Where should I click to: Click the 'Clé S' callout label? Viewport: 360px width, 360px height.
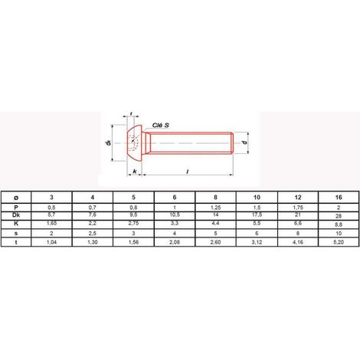click(x=161, y=125)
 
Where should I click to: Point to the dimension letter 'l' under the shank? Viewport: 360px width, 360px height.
click(x=188, y=172)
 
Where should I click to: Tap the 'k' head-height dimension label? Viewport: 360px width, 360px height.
click(x=135, y=172)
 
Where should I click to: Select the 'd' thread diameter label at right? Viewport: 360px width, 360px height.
click(x=244, y=142)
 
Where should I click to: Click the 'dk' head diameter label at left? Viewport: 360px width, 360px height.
click(x=109, y=142)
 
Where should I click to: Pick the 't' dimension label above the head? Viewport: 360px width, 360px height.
click(x=131, y=113)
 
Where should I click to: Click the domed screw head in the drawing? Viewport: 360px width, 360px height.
click(x=134, y=142)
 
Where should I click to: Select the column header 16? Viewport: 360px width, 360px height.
click(x=339, y=198)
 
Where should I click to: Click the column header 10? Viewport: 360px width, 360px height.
click(x=257, y=198)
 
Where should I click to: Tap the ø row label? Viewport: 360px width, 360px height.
click(x=16, y=198)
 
